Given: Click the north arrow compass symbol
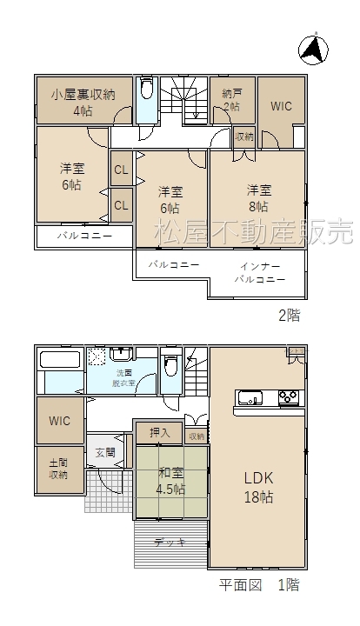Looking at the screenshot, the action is point(313,50).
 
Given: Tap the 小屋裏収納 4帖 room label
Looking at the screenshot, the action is point(83,103).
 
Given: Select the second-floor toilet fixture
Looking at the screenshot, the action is point(146,88).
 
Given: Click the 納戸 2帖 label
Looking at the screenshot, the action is point(232,100).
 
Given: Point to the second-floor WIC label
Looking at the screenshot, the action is point(282,106).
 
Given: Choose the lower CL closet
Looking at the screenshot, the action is point(122,205).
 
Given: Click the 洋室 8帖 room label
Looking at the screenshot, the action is point(259,197).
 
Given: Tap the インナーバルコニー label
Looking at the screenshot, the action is point(260,273).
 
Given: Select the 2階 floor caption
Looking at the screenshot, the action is point(289,316).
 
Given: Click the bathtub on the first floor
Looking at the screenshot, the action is point(62,359).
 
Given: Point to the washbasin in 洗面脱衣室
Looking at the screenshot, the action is point(122,353).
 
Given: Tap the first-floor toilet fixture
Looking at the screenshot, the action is point(171,364).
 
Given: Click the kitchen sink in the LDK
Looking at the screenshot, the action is point(250,398).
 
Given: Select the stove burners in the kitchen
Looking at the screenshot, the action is point(288,398).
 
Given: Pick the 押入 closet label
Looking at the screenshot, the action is point(160,432).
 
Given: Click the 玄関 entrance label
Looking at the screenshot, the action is point(105,452).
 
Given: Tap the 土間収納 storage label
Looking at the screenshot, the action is point(58,469).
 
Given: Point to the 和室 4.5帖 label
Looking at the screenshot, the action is point(170,481).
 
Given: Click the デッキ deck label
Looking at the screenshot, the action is point(170,543).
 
